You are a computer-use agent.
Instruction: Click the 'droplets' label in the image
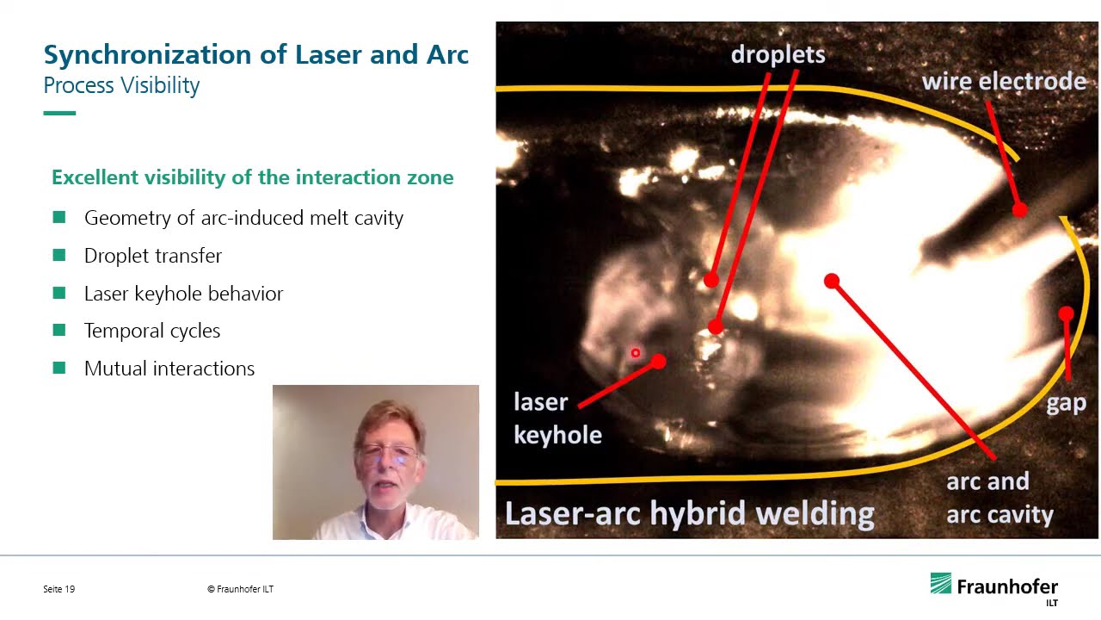pyautogui.click(x=778, y=54)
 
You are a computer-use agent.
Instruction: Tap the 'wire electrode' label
pyautogui.click(x=1004, y=82)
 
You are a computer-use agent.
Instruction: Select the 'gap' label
pyautogui.click(x=1066, y=402)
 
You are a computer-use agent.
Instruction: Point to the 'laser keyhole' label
pyautogui.click(x=557, y=418)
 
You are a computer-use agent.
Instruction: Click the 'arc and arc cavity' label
pyautogui.click(x=999, y=498)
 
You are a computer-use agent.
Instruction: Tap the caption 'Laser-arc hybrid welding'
pyautogui.click(x=689, y=513)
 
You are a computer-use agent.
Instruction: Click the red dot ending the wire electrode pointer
pyautogui.click(x=1019, y=209)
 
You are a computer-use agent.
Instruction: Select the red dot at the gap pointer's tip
pyautogui.click(x=1066, y=314)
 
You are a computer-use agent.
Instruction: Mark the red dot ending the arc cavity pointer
pyautogui.click(x=831, y=281)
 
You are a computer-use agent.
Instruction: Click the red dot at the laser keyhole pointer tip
pyautogui.click(x=658, y=363)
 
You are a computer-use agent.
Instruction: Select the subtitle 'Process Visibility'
pyautogui.click(x=121, y=85)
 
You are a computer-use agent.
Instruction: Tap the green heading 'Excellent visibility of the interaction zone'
pyautogui.click(x=252, y=177)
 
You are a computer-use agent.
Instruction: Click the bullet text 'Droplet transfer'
pyautogui.click(x=153, y=256)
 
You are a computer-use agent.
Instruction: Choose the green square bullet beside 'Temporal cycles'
pyautogui.click(x=59, y=331)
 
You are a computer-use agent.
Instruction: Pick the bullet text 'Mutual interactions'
pyautogui.click(x=169, y=369)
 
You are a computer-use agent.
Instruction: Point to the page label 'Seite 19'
pyautogui.click(x=58, y=589)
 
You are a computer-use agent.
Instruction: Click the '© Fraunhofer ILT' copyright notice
pyautogui.click(x=240, y=589)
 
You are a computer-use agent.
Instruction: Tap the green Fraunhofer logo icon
pyautogui.click(x=941, y=584)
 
